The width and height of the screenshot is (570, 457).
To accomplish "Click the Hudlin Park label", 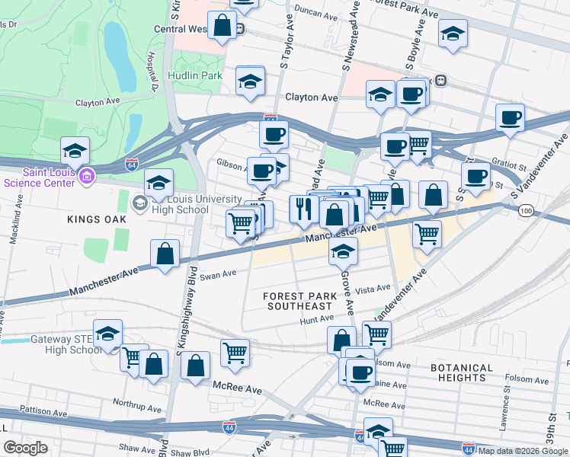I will tap(195, 76).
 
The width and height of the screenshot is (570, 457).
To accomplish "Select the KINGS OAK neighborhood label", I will tap(95, 219).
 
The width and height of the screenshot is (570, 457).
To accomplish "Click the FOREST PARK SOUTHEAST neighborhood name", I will tap(299, 301).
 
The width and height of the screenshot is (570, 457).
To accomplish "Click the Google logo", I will tap(26, 447).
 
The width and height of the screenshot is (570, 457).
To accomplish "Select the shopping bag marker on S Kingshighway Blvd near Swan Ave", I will tap(165, 255).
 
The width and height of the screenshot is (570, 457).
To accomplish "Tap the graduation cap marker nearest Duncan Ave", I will tap(453, 34).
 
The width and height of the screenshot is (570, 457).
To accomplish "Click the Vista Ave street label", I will tap(373, 289).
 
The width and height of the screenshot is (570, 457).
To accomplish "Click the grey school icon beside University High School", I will tap(140, 203).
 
